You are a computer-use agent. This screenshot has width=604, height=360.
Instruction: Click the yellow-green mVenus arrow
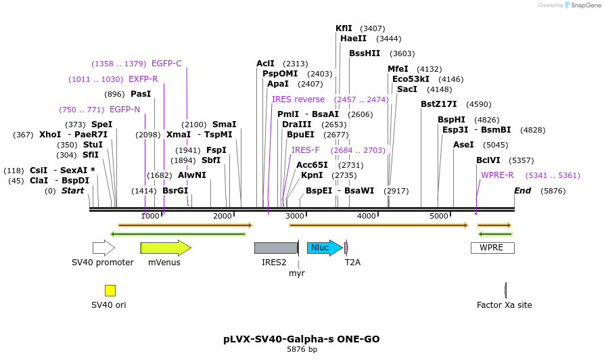click(165, 248)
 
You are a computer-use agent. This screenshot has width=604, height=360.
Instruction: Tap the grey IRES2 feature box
click(275, 248)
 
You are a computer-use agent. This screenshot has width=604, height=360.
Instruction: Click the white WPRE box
click(492, 248)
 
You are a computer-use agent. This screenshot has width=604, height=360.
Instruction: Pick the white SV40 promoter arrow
click(103, 248)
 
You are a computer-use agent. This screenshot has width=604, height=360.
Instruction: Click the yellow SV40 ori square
click(110, 290)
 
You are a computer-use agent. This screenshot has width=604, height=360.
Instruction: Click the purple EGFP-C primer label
click(166, 64)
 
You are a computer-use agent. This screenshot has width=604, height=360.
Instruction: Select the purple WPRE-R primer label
click(497, 175)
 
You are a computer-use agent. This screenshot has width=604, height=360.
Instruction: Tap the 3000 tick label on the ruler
click(295, 216)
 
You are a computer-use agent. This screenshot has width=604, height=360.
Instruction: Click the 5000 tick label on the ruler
click(439, 216)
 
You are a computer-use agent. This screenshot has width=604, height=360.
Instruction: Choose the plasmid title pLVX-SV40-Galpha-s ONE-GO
click(302, 338)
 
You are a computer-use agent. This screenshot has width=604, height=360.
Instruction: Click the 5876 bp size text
click(302, 349)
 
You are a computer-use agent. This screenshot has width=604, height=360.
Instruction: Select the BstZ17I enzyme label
click(438, 104)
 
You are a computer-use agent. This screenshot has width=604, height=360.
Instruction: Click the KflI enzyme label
click(344, 28)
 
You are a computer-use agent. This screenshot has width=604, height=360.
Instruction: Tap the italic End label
click(522, 191)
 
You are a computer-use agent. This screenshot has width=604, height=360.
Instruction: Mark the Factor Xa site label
click(504, 305)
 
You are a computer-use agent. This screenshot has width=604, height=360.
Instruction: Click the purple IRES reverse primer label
click(298, 99)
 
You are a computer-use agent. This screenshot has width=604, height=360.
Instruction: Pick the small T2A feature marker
click(346, 248)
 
